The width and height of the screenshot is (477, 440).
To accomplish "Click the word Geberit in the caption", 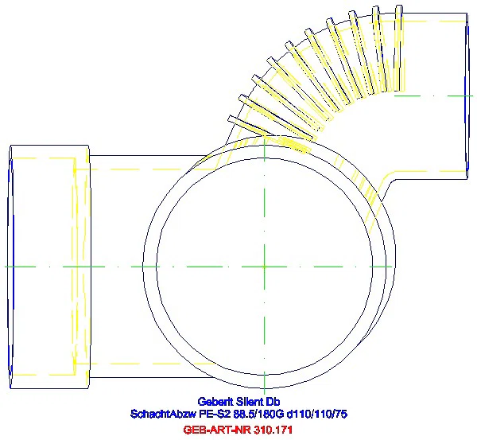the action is click(211, 401).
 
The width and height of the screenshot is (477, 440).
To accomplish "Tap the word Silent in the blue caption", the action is click(243, 401).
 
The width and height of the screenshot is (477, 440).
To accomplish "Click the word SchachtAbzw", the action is click(162, 414).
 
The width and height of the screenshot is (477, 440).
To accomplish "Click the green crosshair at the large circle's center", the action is click(265, 267).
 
